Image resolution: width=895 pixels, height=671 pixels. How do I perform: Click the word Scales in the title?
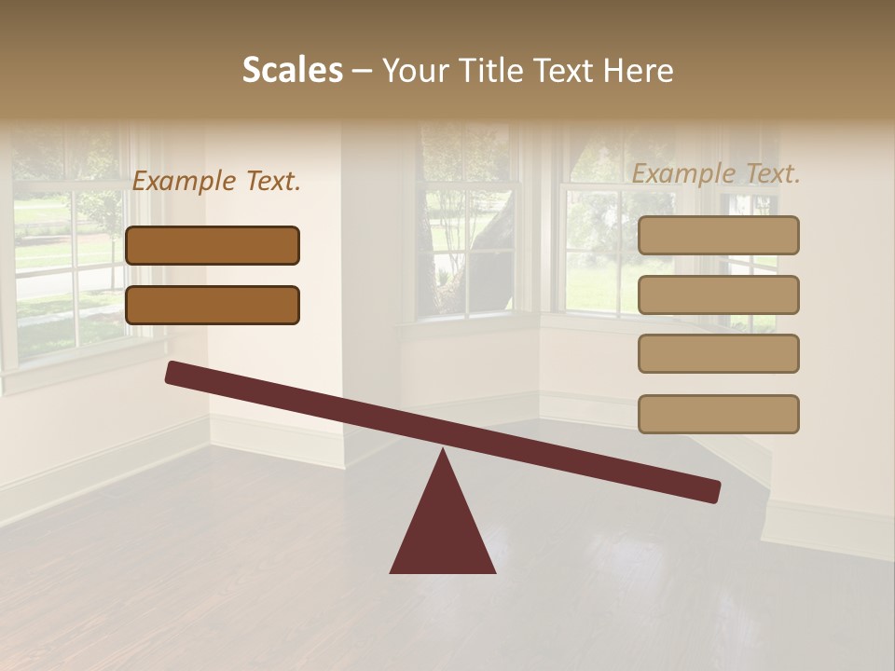[292, 70]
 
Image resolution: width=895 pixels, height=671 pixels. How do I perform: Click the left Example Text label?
[216, 182]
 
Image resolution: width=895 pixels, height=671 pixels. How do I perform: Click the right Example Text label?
[716, 173]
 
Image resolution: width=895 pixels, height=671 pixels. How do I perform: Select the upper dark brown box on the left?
[213, 245]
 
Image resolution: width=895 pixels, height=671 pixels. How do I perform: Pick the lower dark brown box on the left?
[213, 305]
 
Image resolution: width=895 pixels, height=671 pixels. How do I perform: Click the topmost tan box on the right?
[718, 235]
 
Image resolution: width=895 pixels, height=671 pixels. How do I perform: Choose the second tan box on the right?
[718, 294]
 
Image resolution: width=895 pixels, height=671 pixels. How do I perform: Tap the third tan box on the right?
[718, 354]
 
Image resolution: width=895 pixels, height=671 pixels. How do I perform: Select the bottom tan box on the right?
[718, 414]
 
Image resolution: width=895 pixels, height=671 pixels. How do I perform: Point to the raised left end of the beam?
[173, 372]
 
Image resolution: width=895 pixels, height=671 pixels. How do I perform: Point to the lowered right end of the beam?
[712, 491]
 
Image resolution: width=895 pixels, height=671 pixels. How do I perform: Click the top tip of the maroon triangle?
[443, 450]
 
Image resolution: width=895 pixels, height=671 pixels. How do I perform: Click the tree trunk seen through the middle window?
[489, 266]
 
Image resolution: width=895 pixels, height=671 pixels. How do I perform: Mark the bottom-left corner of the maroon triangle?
[392, 571]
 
